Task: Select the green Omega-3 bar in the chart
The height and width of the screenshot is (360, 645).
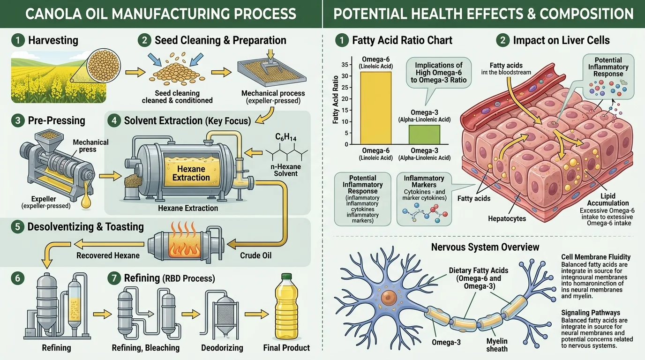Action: click(x=424, y=134)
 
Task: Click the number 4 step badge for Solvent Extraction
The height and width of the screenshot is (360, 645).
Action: click(x=113, y=121)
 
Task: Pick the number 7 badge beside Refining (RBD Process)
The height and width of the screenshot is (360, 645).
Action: click(x=113, y=278)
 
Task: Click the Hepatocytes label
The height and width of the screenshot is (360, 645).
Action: click(x=507, y=218)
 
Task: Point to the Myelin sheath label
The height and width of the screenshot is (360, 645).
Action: click(x=496, y=345)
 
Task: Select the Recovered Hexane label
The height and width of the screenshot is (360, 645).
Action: click(x=108, y=255)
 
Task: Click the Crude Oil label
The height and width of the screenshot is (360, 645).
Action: click(x=256, y=255)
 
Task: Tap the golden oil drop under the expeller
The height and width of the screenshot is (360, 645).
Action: click(x=86, y=202)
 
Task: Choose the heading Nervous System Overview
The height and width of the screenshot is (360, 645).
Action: click(x=485, y=247)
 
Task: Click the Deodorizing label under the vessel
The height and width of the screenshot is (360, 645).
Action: click(x=222, y=348)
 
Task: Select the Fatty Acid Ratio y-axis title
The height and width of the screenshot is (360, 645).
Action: click(x=336, y=100)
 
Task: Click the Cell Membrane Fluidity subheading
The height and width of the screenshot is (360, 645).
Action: click(x=595, y=257)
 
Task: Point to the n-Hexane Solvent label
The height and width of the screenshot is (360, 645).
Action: click(x=286, y=170)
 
